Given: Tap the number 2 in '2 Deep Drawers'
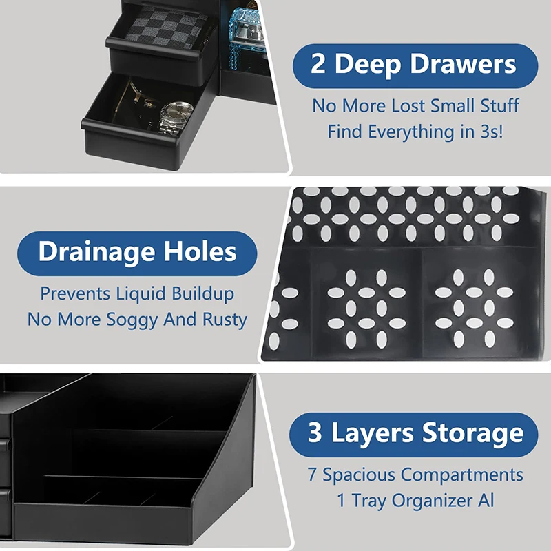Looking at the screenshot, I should (318, 65).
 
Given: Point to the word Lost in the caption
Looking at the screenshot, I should (407, 106).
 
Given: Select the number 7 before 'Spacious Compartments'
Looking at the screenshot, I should (313, 475).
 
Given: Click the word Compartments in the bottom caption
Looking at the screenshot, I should (462, 475).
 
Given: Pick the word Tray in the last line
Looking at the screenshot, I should (369, 501).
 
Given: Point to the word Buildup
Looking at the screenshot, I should (202, 293).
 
